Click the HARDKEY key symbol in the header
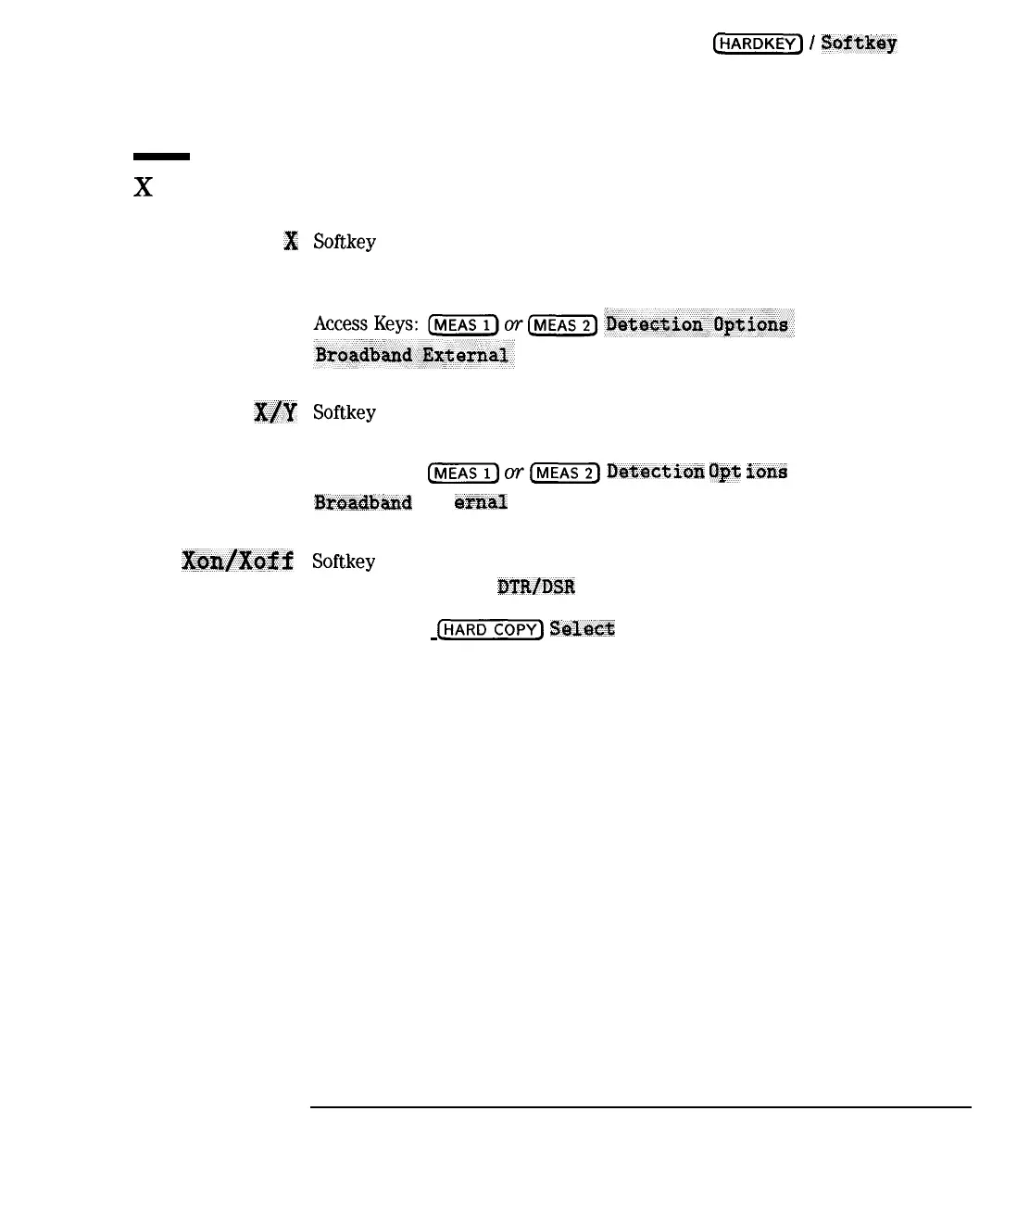pos(757,44)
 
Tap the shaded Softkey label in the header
pos(859,44)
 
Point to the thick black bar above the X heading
pos(161,157)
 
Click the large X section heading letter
pos(143,188)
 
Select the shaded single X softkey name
pos(291,242)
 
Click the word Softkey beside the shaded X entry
pos(345,242)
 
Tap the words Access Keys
pos(366,324)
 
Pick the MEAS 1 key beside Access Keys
pos(463,325)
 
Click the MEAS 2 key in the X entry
pos(562,325)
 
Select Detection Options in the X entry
pos(697,324)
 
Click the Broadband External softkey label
pos(412,355)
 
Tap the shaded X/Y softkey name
pos(275,412)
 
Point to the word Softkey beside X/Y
pos(345,412)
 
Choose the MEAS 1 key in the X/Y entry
pos(463,473)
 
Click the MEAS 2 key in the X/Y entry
pos(564,473)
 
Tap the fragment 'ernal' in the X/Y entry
pos(481,502)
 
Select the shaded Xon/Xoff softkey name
pos(238,561)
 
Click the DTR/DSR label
pos(536,587)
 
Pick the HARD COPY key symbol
pos(490,630)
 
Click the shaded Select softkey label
pos(583,629)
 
